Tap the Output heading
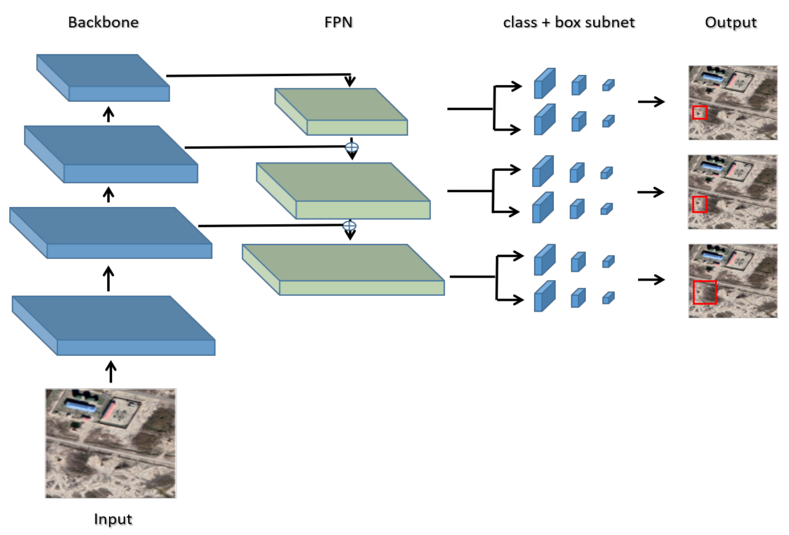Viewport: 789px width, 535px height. tap(731, 22)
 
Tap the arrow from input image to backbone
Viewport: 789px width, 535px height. tap(111, 371)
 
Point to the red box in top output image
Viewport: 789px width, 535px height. tap(700, 112)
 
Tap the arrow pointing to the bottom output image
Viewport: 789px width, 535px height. tap(651, 280)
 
